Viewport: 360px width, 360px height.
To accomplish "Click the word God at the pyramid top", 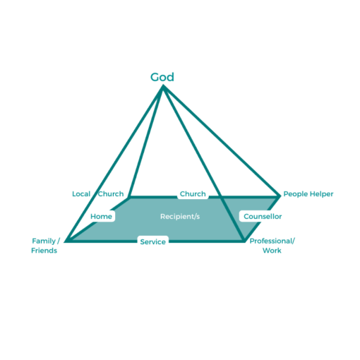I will [162, 77].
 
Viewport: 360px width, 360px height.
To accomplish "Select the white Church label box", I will [192, 193].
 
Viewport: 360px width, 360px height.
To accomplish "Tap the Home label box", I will [102, 216].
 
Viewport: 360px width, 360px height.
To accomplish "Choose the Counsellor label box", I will [263, 216].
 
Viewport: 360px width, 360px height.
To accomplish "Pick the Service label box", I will [152, 241].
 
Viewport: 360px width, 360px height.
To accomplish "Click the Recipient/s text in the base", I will [180, 216].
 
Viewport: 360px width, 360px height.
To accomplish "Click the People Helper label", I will [308, 193].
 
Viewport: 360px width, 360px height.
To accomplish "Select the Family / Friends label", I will [44, 246].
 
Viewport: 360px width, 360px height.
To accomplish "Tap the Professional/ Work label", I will [272, 246].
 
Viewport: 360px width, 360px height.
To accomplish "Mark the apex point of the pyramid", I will [163, 86].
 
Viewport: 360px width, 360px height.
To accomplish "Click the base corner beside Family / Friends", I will [66, 241].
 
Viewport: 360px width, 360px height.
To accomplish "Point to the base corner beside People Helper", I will [280, 195].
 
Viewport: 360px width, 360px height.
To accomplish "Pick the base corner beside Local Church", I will [128, 195].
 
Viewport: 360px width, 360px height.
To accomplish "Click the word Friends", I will [44, 251].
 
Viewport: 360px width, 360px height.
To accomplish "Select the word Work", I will [272, 251].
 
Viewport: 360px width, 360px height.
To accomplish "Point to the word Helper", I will [320, 193].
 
